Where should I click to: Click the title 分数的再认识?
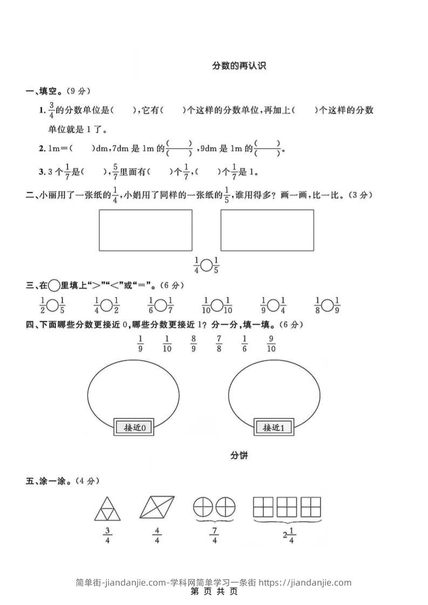tap(239, 66)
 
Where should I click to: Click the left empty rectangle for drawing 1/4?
tap(145, 230)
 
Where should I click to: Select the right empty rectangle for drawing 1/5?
tap(267, 230)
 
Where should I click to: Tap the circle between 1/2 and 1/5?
tap(52, 305)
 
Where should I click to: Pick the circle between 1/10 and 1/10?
tap(216, 305)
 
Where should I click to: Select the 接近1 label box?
tap(277, 428)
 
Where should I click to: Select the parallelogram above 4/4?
tap(157, 507)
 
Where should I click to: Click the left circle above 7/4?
tap(203, 507)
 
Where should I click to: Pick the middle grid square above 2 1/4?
tap(287, 507)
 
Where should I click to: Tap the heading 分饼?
tap(239, 456)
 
